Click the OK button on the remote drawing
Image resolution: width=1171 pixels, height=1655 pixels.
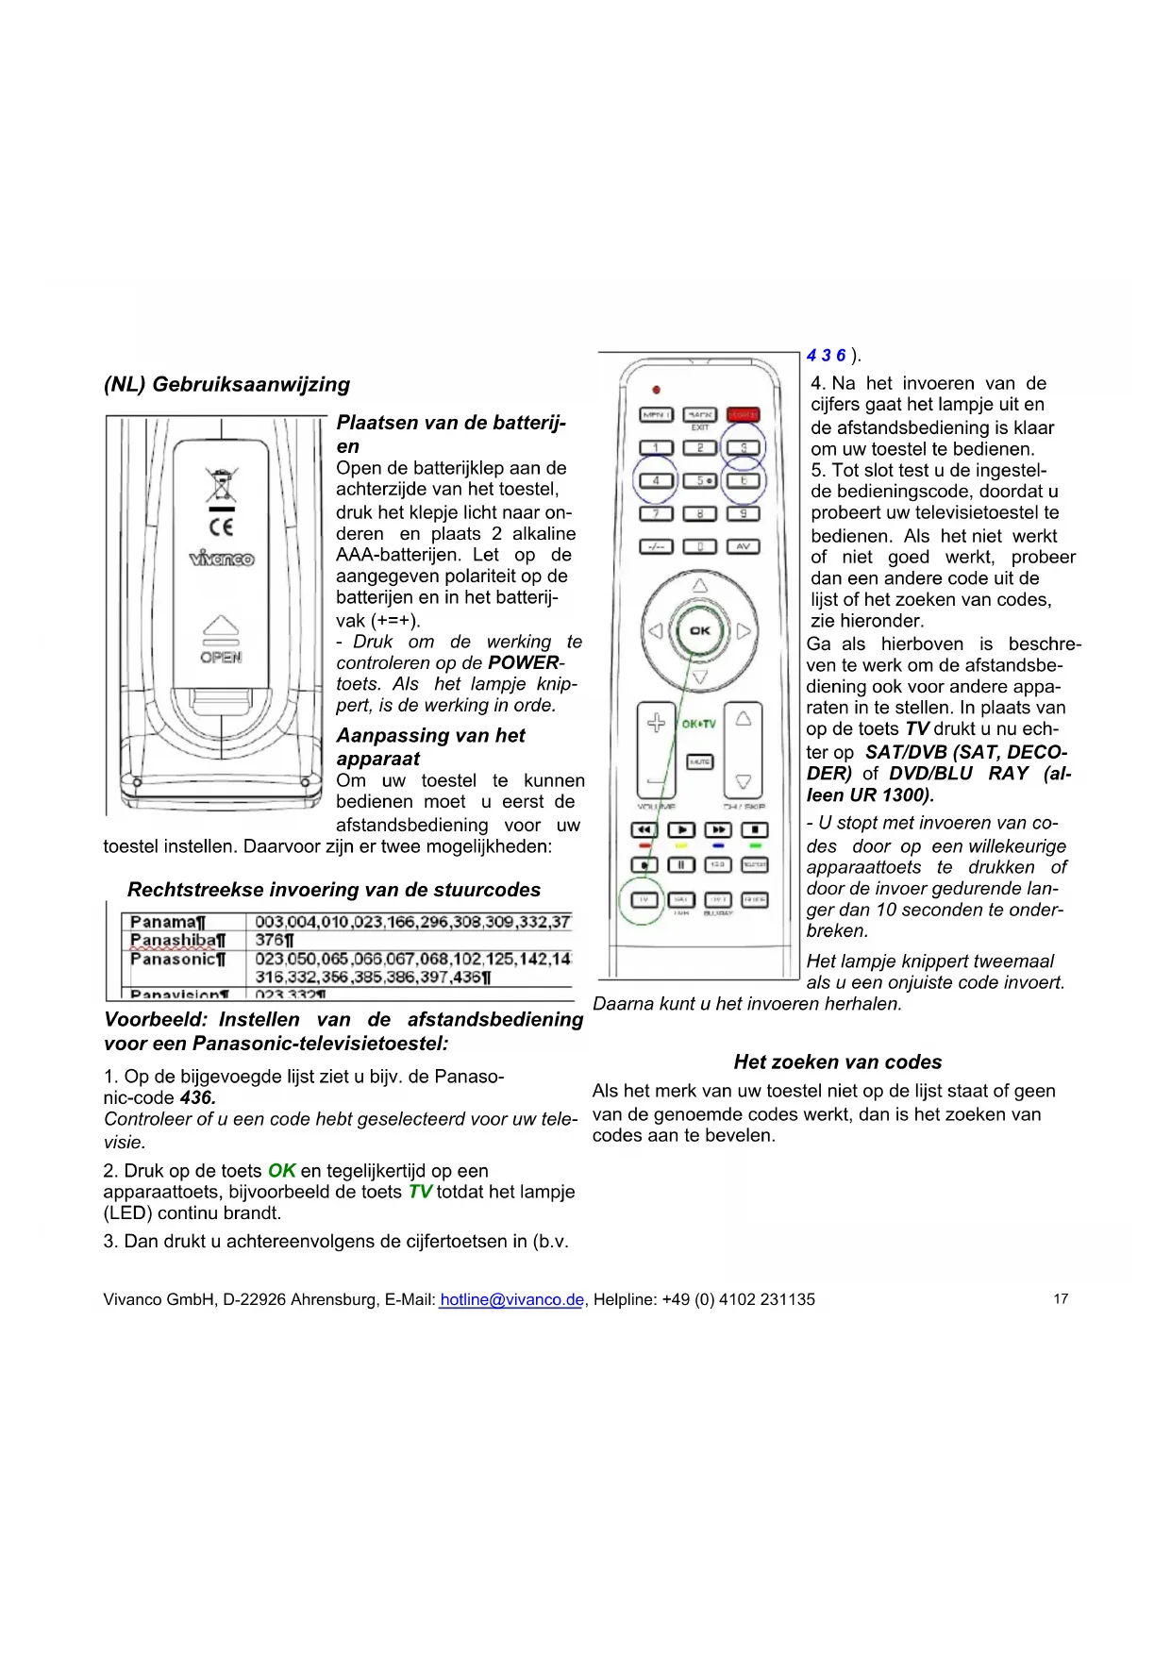pos(699,631)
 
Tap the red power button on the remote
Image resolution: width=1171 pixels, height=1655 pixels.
pos(743,414)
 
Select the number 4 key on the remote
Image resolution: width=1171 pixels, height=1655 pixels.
pos(656,480)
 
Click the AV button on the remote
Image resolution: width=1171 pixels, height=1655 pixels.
pos(743,546)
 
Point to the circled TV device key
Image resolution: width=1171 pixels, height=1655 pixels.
pos(644,899)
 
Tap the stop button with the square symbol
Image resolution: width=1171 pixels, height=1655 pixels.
pos(755,829)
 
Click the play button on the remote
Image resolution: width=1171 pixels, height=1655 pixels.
pos(680,829)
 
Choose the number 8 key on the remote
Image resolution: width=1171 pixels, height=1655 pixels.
pos(699,513)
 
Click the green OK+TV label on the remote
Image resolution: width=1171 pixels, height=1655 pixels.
pos(699,724)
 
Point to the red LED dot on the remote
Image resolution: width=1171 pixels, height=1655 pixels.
pos(657,389)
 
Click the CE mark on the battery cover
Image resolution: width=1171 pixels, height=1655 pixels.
pos(221,527)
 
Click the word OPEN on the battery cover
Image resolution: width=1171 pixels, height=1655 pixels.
pos(221,657)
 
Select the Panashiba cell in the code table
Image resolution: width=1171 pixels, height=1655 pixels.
pos(177,940)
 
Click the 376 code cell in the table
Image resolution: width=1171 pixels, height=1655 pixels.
pos(275,940)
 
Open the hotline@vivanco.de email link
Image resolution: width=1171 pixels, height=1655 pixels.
pos(511,1299)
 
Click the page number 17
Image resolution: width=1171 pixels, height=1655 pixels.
pos(1061,1299)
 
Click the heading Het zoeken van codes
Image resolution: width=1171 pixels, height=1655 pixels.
pos(837,1062)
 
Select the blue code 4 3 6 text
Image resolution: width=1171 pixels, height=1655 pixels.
pos(826,356)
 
